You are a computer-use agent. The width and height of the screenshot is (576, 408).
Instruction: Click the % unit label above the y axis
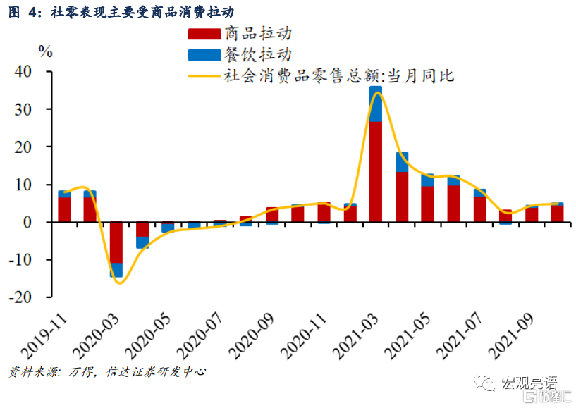click(x=45, y=51)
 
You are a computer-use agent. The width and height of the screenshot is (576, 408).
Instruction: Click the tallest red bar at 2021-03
click(x=376, y=172)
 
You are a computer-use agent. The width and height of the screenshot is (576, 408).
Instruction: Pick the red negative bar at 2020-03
click(x=116, y=242)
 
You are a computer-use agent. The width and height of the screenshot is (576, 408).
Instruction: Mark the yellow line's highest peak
click(x=377, y=92)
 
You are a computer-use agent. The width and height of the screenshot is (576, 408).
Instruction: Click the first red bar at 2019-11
click(x=64, y=210)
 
